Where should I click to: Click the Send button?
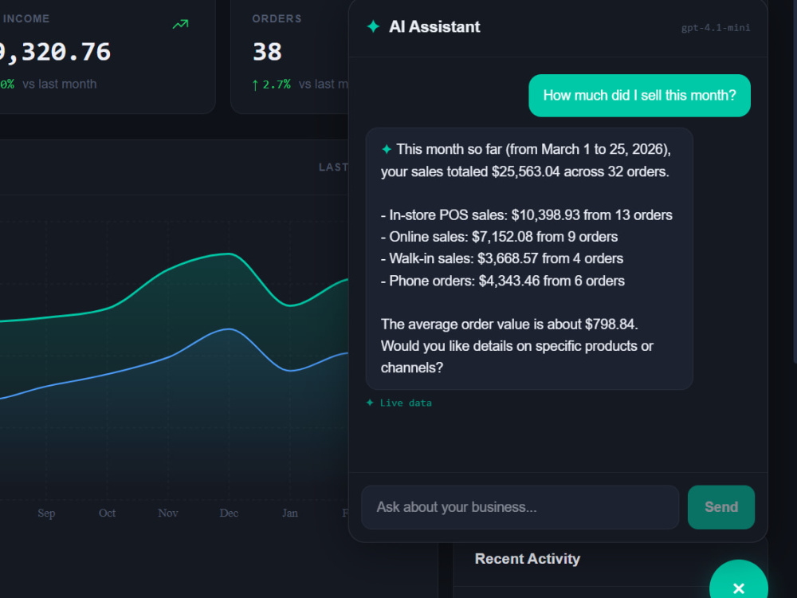(720, 507)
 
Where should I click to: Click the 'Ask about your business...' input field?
(520, 507)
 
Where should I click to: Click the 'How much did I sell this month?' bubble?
(639, 96)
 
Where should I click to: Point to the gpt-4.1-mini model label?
(716, 27)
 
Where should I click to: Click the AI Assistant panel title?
(434, 26)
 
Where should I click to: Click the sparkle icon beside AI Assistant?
(373, 26)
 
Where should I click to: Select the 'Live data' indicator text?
(406, 403)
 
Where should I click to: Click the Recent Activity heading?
(527, 559)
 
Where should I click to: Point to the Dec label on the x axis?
(229, 513)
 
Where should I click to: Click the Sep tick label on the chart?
(46, 513)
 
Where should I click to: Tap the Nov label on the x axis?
(167, 513)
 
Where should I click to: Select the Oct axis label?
(107, 513)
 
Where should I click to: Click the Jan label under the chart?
(290, 513)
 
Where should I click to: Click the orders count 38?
(267, 52)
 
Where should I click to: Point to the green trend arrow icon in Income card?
(180, 24)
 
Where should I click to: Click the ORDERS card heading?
(277, 19)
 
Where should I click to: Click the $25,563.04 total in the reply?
(525, 172)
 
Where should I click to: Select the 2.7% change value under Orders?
(277, 85)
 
